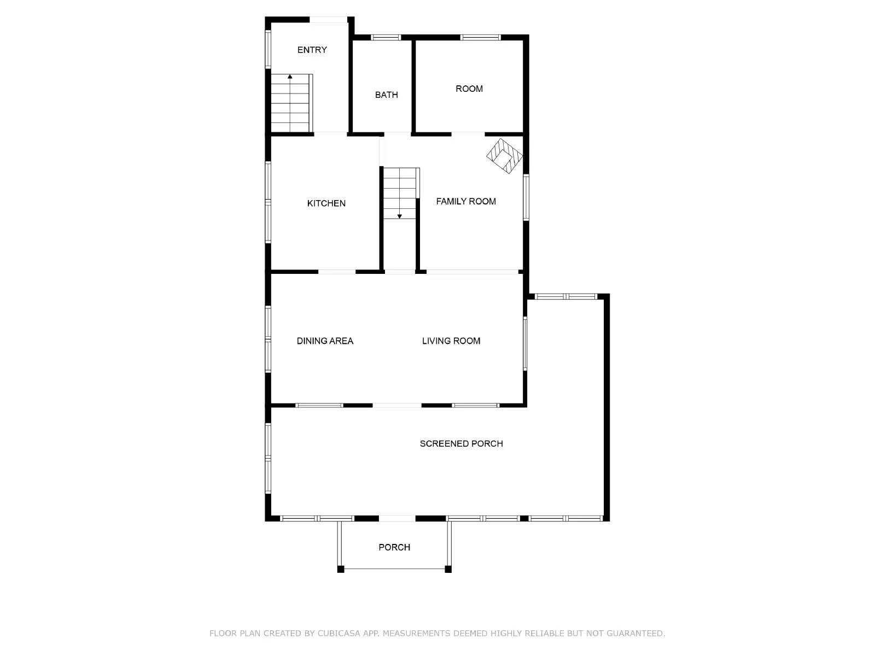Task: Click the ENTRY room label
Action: [x=312, y=50]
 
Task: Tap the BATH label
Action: [x=386, y=95]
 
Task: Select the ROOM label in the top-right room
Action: [x=469, y=89]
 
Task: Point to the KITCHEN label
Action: [x=326, y=203]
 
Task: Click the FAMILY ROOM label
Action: [x=465, y=201]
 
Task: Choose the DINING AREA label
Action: [x=325, y=341]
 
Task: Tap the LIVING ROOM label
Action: [x=451, y=341]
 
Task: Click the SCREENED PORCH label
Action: [x=461, y=443]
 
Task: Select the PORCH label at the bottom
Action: [x=394, y=547]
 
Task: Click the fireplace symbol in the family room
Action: [x=504, y=156]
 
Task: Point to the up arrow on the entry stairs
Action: [x=290, y=77]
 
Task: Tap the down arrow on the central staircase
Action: [x=400, y=216]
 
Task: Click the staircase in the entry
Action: [x=291, y=104]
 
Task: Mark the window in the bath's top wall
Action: [x=386, y=38]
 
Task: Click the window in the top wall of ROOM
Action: [x=480, y=38]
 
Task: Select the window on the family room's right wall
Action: [x=526, y=197]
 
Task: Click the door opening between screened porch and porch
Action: [x=397, y=518]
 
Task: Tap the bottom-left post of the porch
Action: [x=341, y=569]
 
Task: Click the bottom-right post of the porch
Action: [x=448, y=569]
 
